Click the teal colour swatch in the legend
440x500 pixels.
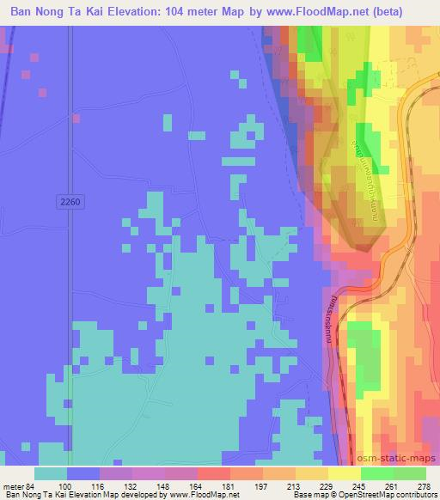(x=52, y=473)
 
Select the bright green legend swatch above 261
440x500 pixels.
(x=376, y=473)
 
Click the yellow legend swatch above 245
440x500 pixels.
(x=345, y=473)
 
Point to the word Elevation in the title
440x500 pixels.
(x=157, y=11)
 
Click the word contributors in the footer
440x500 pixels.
(x=419, y=496)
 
